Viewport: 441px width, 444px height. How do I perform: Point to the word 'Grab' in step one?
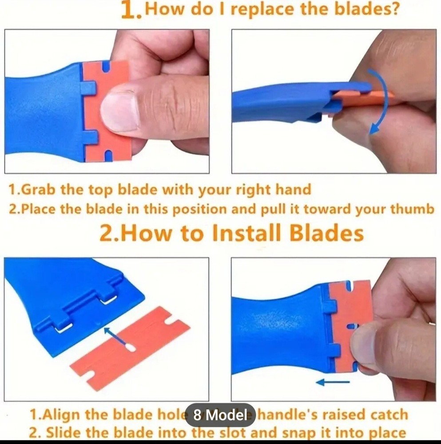(39, 190)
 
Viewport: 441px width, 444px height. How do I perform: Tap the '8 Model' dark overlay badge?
(220, 415)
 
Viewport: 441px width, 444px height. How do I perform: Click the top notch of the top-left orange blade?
(107, 67)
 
